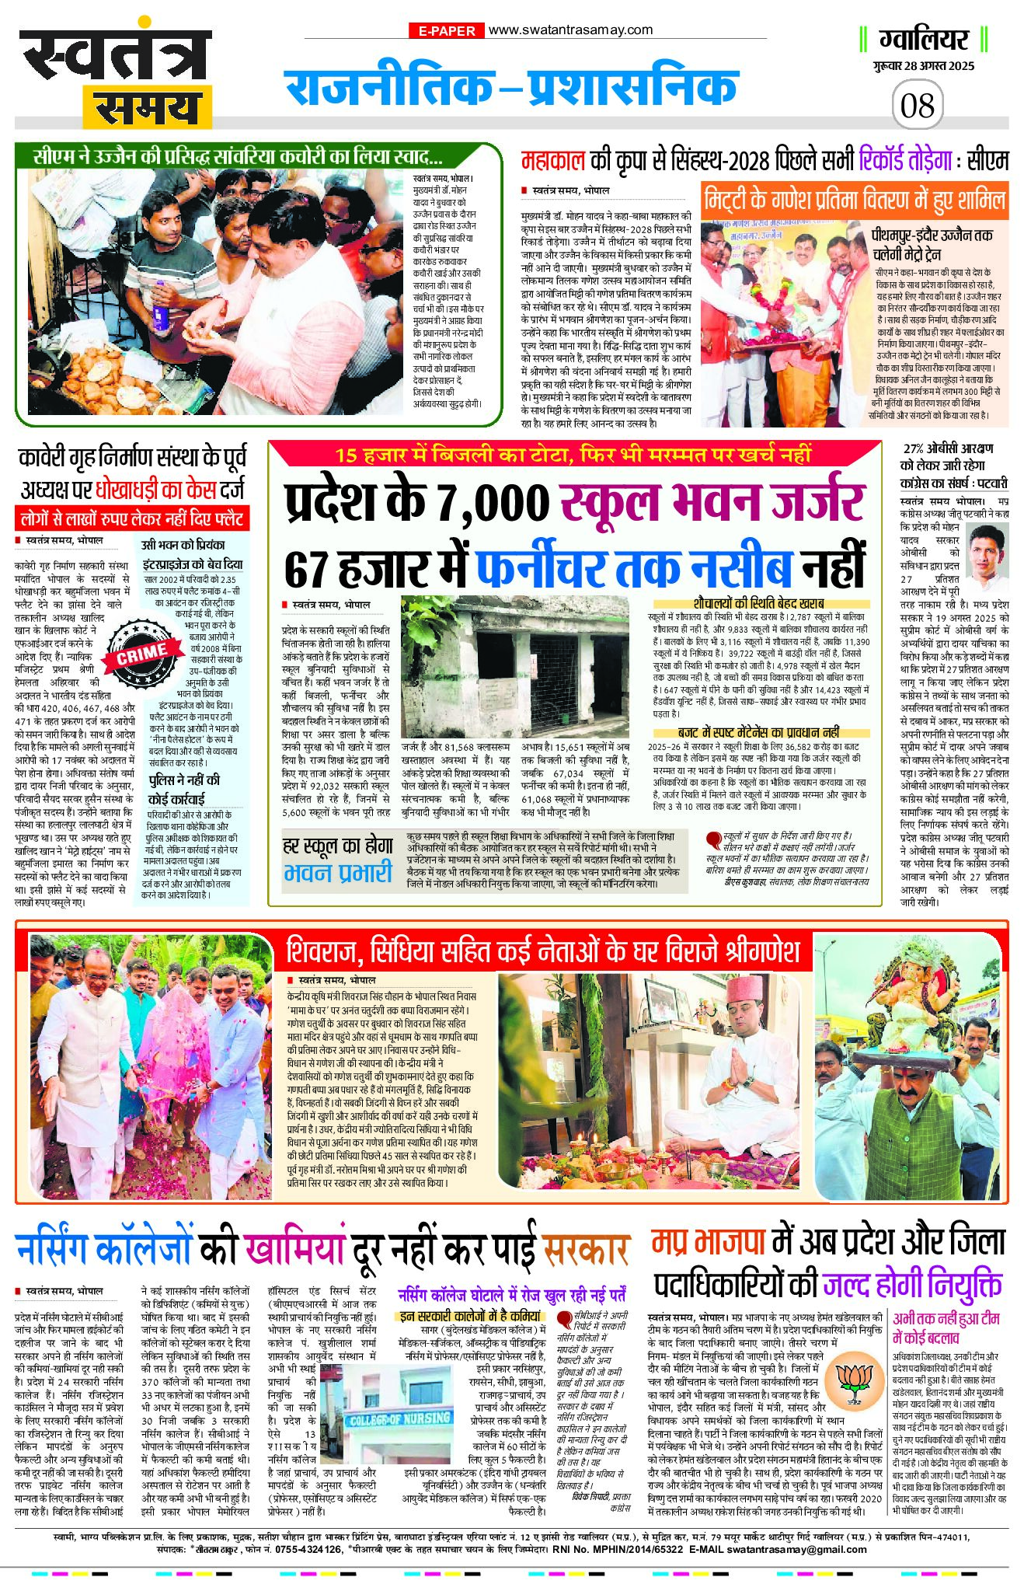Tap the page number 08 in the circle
pyautogui.click(x=917, y=105)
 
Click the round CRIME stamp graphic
pyautogui.click(x=143, y=653)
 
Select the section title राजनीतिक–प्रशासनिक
pyautogui.click(x=510, y=87)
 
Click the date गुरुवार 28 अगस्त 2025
pyautogui.click(x=923, y=66)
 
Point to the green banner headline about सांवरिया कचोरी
pyautogui.click(x=238, y=157)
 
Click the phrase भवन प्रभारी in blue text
pyautogui.click(x=337, y=873)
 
